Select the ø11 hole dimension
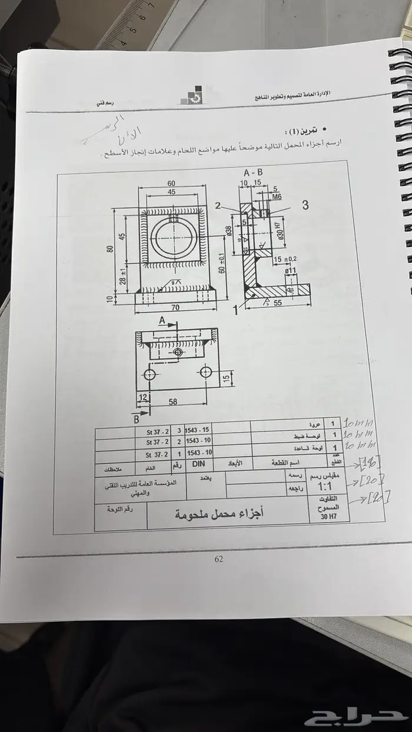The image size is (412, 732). pos(290,271)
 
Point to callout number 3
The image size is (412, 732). pos(305,205)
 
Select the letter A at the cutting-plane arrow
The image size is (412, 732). pos(161,320)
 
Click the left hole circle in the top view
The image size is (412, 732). pos(149,374)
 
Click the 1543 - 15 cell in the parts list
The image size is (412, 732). pos(198,430)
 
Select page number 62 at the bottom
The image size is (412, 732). pos(218,559)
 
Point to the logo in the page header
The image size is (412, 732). pos(192,97)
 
